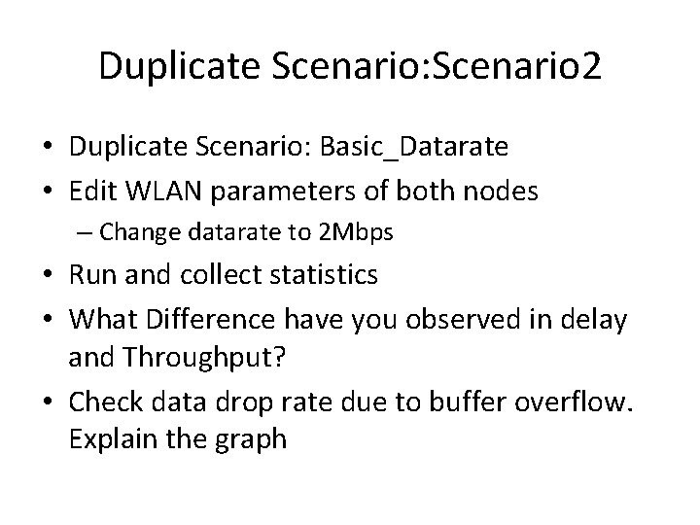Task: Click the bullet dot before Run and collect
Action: (49, 275)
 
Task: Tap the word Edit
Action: (93, 192)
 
